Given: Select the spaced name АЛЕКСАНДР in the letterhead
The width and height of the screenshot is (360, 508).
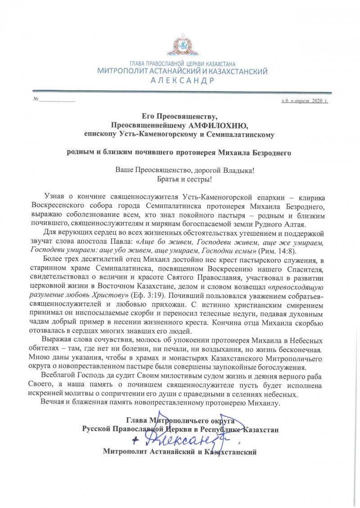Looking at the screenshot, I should pyautogui.click(x=183, y=80).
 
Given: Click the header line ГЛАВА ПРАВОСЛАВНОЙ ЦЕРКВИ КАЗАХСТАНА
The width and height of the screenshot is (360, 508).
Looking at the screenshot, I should pyautogui.click(x=182, y=64).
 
